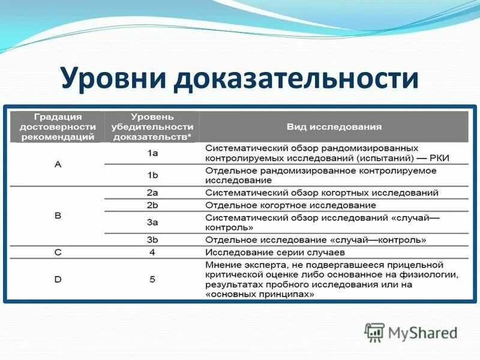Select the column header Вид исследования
334,127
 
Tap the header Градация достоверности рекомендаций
58,127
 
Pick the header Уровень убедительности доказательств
152,127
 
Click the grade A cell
58,164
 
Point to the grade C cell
58,252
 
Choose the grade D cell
58,279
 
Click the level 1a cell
152,154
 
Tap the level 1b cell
152,175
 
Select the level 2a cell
152,193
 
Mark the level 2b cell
152,205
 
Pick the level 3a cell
152,223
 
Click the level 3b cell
152,240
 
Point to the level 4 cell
152,252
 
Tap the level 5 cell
152,279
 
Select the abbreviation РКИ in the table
438,158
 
